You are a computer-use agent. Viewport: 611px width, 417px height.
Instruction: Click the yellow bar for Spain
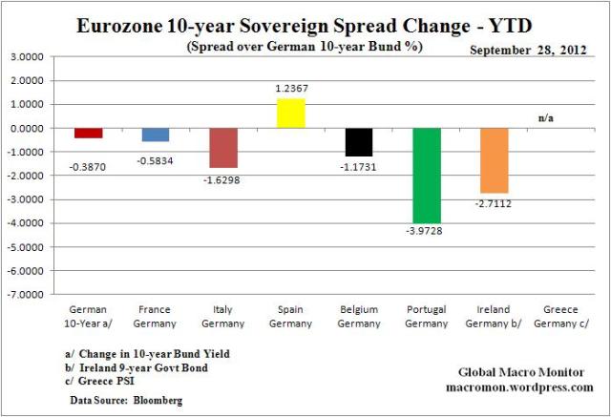tap(290, 113)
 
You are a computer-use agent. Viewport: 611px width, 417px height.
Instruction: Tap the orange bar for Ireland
tap(495, 160)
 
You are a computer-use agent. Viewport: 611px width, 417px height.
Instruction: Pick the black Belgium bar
tap(359, 142)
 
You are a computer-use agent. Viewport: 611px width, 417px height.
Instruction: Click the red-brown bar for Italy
tap(223, 147)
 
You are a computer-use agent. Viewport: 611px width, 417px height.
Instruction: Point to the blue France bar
tap(156, 135)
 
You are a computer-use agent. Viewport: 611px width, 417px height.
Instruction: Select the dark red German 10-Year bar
tap(89, 133)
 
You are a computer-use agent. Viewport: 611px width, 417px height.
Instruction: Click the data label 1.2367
tap(290, 89)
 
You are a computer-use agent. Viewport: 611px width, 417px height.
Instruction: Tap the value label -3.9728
tap(428, 231)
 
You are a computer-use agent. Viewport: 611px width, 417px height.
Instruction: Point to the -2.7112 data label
tap(495, 202)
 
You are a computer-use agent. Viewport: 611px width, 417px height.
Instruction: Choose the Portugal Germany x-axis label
tap(427, 316)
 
